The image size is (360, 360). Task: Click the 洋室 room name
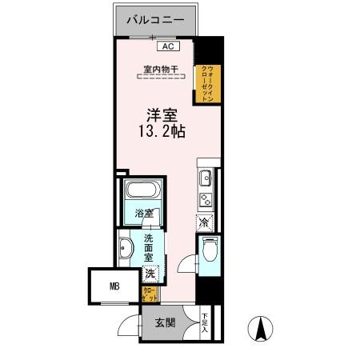tap(161, 117)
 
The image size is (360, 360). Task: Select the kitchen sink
tap(204, 178)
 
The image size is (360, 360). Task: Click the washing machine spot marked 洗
tap(150, 274)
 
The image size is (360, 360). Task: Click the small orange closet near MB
tap(150, 294)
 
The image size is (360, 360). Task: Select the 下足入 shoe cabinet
tap(205, 322)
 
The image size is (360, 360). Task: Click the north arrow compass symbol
tap(262, 328)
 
